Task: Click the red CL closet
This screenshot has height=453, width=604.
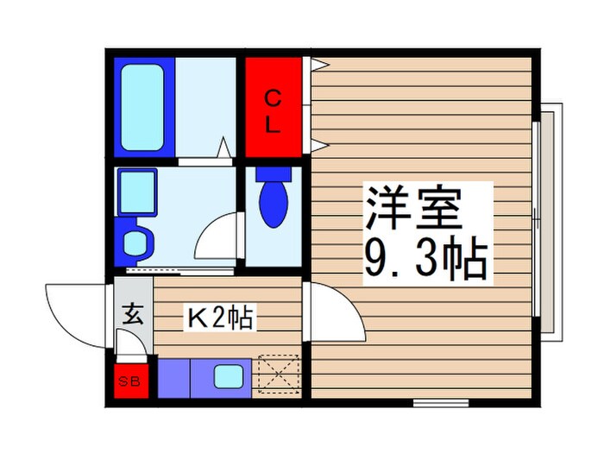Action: point(273,108)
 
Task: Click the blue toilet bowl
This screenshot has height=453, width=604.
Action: point(274,203)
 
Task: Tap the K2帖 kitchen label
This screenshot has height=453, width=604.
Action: point(220,318)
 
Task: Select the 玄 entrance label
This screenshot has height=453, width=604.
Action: point(132,312)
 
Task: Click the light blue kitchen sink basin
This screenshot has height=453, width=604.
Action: point(228,376)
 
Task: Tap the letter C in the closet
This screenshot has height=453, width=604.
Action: point(272,96)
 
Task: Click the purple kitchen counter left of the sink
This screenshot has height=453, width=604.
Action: point(173,376)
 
